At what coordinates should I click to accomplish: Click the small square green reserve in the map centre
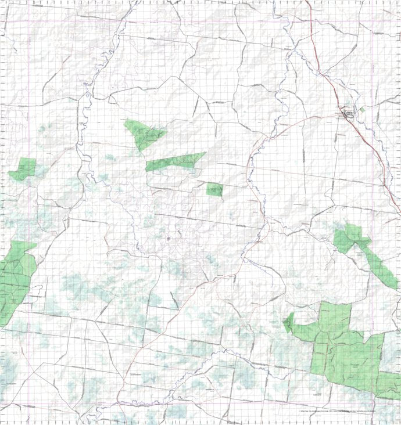click(x=214, y=189)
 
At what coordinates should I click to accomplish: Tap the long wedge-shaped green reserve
click(x=174, y=161)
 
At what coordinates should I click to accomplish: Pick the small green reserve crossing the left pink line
click(x=23, y=169)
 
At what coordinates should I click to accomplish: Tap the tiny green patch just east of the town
click(x=362, y=109)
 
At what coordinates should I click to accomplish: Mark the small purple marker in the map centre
click(x=167, y=237)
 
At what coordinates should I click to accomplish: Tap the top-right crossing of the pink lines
click(x=373, y=22)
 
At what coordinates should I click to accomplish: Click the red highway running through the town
click(x=325, y=75)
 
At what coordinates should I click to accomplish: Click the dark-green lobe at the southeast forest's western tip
click(x=289, y=322)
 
